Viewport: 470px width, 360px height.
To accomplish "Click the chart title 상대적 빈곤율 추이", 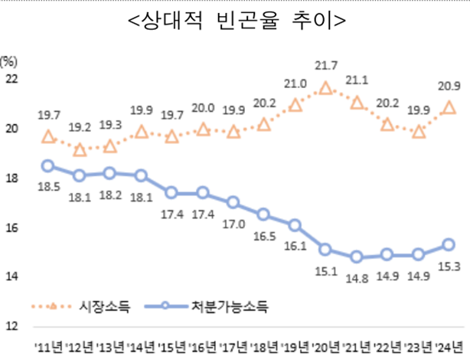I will tap(235, 21).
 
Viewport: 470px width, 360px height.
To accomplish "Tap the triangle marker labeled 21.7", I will tap(325, 88).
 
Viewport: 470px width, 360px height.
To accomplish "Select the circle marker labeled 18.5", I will tap(47, 166).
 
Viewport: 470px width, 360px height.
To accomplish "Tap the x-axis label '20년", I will tap(325, 346).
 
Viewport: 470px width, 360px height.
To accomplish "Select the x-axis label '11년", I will tap(47, 346).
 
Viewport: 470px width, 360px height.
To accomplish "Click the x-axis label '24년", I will tap(449, 346).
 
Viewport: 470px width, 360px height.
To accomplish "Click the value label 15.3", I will tap(449, 265).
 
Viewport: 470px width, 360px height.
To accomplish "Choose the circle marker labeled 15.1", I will tap(325, 249).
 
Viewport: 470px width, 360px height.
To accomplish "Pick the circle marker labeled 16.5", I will tap(264, 214).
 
